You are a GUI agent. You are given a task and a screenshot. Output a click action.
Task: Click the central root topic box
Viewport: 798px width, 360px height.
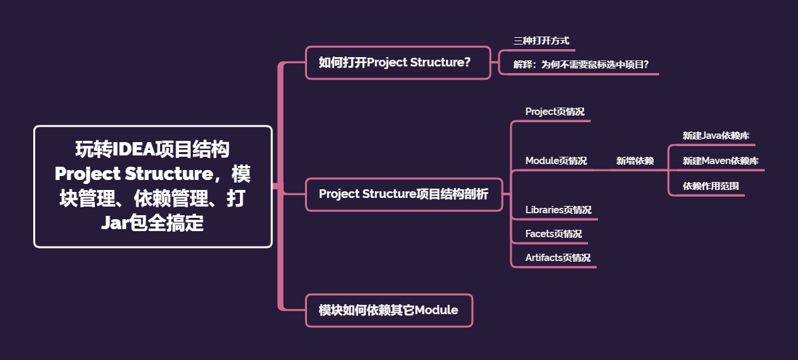click(153, 187)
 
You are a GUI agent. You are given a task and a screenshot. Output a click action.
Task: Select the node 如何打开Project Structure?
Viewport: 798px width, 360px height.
click(397, 62)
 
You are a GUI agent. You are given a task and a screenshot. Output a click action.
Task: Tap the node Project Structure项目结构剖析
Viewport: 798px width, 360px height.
click(403, 194)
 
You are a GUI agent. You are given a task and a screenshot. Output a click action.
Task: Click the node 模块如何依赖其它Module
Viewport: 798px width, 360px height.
click(389, 310)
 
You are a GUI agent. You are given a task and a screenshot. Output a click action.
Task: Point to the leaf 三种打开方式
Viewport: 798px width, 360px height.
click(541, 41)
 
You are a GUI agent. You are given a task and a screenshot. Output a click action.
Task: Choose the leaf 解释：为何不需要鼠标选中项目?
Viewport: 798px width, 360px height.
click(581, 64)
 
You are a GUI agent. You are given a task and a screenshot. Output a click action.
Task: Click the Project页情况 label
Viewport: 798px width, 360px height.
click(555, 112)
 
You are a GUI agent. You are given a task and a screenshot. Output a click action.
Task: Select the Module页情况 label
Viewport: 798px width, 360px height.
click(556, 161)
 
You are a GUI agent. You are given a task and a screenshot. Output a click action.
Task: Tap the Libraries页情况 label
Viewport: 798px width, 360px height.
click(558, 210)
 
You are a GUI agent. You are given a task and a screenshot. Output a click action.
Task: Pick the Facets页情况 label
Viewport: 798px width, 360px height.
click(553, 234)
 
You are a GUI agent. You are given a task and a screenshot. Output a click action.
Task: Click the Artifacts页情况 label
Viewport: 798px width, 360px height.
click(557, 258)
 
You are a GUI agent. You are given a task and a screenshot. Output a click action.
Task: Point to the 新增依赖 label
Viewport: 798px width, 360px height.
click(635, 161)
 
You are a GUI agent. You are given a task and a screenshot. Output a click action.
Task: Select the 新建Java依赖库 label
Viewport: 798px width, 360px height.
click(716, 135)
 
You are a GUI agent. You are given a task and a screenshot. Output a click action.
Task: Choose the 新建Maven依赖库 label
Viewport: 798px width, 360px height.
click(721, 161)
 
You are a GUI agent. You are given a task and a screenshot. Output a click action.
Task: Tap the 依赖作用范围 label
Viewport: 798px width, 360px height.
click(711, 186)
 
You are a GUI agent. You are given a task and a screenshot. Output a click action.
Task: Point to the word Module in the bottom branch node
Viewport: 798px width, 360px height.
click(436, 310)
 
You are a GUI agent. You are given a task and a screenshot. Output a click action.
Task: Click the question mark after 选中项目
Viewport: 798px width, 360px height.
click(645, 64)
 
